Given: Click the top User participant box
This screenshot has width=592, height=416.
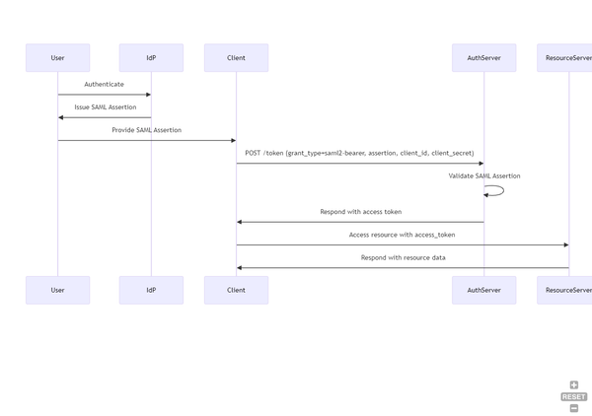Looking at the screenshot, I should [x=57, y=58].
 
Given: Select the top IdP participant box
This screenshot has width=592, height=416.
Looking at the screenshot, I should [x=151, y=58].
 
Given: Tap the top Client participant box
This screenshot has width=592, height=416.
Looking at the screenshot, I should [x=236, y=58].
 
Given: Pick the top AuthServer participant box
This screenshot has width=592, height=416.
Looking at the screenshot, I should [x=483, y=58].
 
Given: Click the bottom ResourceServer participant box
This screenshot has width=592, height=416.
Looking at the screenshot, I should [x=566, y=290].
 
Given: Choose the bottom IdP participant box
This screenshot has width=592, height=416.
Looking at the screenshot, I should [x=151, y=290].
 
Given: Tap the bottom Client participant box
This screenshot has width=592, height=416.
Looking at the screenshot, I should [x=236, y=290].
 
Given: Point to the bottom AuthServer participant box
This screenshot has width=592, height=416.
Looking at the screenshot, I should [x=483, y=290].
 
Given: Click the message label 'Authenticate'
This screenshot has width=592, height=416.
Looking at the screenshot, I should [x=104, y=85].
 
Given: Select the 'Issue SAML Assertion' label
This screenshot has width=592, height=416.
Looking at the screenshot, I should [x=105, y=107].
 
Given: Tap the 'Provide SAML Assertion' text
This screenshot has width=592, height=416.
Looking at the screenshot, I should [x=146, y=130].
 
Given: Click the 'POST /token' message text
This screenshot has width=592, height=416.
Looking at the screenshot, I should [x=359, y=153].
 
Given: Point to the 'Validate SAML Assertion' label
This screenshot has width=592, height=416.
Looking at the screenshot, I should [x=483, y=175].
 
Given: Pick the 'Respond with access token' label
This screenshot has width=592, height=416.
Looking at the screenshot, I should [x=360, y=212].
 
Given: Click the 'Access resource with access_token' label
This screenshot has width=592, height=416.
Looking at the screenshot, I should [x=402, y=235].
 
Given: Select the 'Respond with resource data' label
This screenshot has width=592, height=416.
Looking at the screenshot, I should [x=403, y=257].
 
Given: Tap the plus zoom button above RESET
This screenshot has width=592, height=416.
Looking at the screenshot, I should [x=574, y=385].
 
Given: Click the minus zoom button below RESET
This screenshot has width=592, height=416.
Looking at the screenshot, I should [x=574, y=407].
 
